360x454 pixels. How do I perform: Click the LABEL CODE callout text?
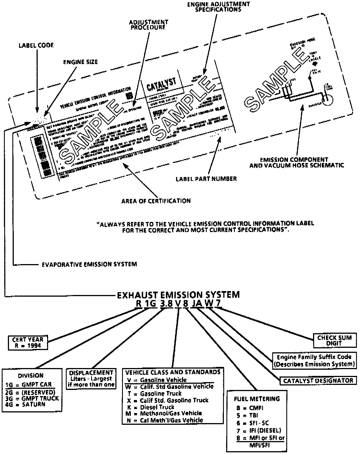coord(36,45)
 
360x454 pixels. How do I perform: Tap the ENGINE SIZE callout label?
coord(80,62)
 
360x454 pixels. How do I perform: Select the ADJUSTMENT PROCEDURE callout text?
coord(148,25)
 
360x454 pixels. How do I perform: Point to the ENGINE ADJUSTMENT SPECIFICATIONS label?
coord(218,6)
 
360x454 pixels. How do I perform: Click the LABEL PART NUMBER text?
coord(206,179)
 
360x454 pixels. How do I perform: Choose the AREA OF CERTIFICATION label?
coord(156,201)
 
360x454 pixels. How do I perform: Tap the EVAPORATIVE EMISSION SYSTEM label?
coord(89,264)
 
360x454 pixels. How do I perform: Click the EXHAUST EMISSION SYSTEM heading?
coord(178,295)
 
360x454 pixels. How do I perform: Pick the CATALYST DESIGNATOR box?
coord(318,381)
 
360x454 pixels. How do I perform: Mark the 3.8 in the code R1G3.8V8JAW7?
coord(166,304)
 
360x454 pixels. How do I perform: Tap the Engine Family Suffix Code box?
coord(314,360)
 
